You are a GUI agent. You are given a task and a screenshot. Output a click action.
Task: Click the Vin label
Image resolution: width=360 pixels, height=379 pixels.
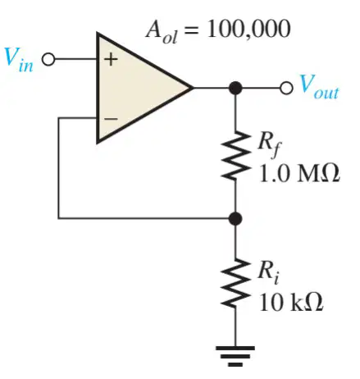click(x=19, y=60)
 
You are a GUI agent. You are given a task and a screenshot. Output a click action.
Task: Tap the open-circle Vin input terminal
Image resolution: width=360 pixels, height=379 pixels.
click(x=48, y=59)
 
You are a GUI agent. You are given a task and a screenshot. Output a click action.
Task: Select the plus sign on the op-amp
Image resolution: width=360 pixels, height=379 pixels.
click(x=110, y=59)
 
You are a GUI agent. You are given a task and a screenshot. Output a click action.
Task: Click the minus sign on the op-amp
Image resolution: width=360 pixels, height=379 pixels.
click(x=111, y=119)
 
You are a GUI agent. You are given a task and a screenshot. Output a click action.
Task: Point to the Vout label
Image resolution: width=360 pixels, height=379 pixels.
click(x=319, y=87)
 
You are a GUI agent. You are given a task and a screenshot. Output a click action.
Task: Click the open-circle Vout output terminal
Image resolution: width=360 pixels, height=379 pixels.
click(x=286, y=88)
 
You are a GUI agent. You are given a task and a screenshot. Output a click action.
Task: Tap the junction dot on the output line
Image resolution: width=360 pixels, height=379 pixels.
click(x=235, y=88)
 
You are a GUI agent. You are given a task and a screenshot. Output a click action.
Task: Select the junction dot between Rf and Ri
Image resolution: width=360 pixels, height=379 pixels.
click(x=235, y=219)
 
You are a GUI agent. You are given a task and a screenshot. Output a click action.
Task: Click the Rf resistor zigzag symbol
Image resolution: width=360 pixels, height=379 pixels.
click(x=235, y=155)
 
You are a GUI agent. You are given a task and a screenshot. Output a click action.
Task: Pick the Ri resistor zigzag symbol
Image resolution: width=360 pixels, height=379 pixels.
click(x=235, y=283)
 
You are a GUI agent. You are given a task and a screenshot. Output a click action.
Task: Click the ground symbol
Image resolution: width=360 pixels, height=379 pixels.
click(x=235, y=356)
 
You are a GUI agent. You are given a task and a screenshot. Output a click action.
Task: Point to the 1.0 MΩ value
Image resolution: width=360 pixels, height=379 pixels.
click(x=299, y=174)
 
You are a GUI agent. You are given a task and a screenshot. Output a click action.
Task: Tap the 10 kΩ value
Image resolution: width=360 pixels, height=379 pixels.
click(x=291, y=303)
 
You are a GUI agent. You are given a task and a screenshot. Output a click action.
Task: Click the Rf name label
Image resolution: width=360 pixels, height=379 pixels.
click(x=270, y=145)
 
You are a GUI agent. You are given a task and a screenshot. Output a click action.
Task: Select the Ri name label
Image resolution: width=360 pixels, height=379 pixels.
click(x=268, y=273)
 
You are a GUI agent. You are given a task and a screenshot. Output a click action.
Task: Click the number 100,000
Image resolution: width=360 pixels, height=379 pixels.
click(x=248, y=29)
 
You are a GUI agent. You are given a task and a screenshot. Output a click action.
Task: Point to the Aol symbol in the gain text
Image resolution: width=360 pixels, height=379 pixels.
click(x=162, y=32)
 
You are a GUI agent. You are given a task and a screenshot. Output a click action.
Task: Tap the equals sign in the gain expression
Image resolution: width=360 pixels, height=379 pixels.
click(x=192, y=30)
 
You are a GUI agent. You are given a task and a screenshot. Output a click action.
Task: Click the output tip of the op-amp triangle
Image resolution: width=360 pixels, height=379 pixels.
click(x=193, y=88)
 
